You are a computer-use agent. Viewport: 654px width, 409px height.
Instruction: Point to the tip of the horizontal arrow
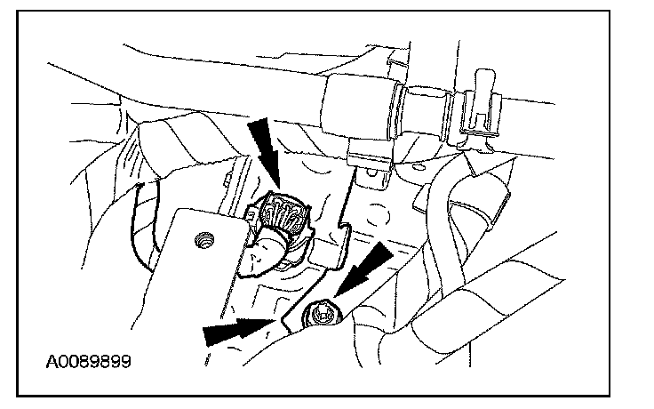(272, 324)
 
